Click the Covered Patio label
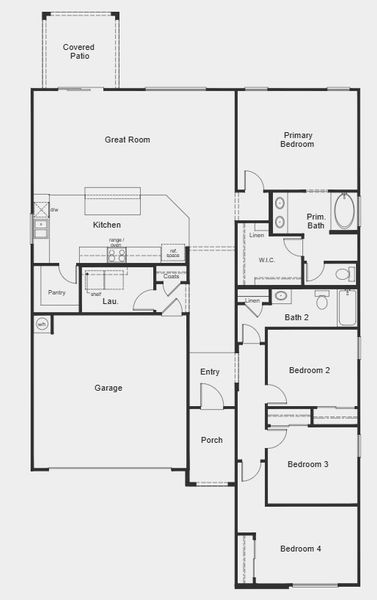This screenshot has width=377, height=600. click(x=79, y=52)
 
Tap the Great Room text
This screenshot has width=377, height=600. click(x=127, y=140)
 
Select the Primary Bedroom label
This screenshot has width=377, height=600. click(x=298, y=140)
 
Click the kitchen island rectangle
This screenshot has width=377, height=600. click(x=109, y=195)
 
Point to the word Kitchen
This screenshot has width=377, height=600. click(x=106, y=225)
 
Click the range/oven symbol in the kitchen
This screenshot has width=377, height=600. click(x=117, y=253)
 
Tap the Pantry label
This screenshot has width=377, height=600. click(x=56, y=293)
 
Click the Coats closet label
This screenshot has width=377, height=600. click(x=172, y=276)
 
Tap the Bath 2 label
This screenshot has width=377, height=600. click(x=297, y=317)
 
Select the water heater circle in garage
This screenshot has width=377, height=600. click(x=42, y=324)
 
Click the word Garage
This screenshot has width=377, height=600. click(x=108, y=388)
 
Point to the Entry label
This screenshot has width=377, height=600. click(x=209, y=372)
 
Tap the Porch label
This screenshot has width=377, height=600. click(x=211, y=440)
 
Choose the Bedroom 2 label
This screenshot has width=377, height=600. click(x=309, y=370)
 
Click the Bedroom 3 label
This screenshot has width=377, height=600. click(x=308, y=464)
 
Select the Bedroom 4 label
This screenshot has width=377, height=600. click(x=301, y=548)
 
